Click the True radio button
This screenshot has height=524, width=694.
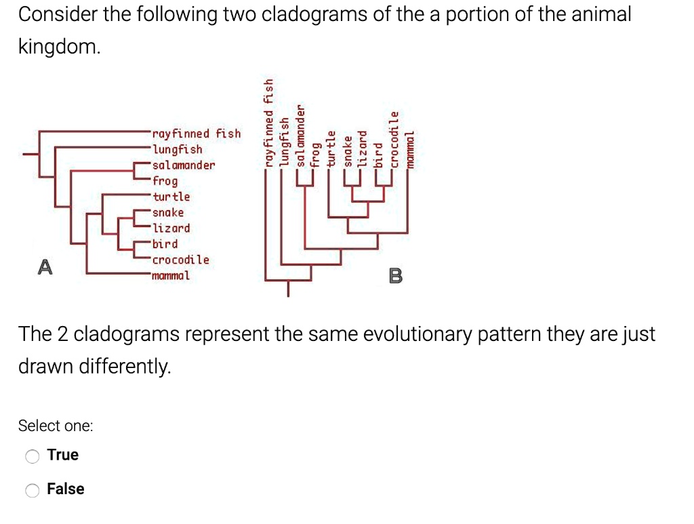tap(33, 456)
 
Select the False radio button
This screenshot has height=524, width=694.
tap(33, 489)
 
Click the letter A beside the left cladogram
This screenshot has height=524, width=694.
tap(45, 267)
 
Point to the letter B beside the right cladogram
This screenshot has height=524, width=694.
tap(396, 276)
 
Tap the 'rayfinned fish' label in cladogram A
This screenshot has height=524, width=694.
tap(197, 134)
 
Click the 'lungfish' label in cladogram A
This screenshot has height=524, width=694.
tap(178, 149)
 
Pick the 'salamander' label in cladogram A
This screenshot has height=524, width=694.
tap(184, 165)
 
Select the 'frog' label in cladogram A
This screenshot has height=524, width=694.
tap(165, 181)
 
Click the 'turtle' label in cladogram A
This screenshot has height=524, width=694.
tap(171, 197)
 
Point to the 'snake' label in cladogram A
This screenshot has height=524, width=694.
tap(168, 212)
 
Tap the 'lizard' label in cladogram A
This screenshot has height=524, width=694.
tap(171, 228)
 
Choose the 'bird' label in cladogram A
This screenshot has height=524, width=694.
tap(165, 243)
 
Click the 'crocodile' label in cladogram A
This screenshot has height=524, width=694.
tap(181, 260)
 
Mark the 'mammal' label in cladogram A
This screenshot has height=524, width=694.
tap(171, 275)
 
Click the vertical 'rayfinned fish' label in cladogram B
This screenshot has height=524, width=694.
tap(269, 123)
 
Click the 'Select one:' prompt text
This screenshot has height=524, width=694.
tap(56, 426)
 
